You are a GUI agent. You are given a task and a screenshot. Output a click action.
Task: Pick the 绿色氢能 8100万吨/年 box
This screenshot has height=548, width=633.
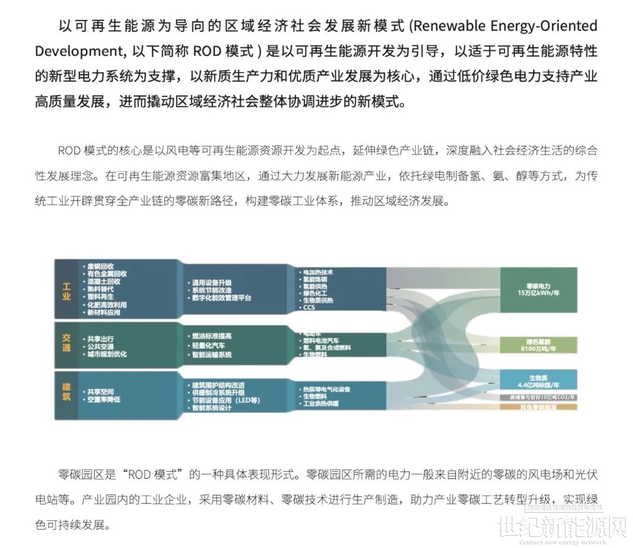537,345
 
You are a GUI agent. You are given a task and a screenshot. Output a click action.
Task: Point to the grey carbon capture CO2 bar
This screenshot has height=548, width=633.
537,398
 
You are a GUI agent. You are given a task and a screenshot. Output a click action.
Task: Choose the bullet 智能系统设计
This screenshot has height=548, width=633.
212,407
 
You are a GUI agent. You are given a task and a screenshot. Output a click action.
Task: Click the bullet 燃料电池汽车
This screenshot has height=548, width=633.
322,340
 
